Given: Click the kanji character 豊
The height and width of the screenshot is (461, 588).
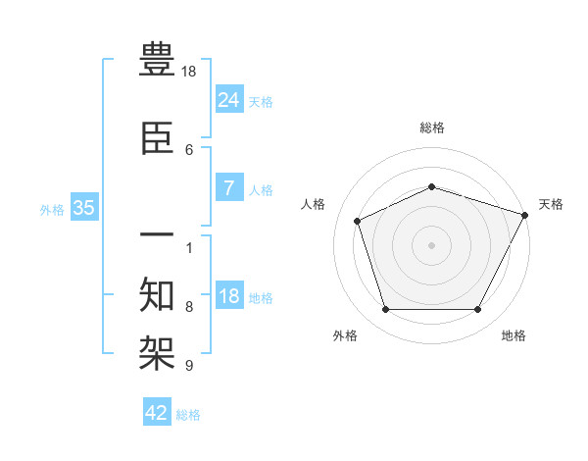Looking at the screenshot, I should point(158,62).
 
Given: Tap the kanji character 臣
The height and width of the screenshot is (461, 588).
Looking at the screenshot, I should point(158,140).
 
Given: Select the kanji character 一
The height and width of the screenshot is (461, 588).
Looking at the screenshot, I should point(158,235).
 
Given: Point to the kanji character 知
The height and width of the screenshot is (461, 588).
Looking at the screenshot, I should point(158,293).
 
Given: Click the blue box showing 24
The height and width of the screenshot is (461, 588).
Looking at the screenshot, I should point(229,99).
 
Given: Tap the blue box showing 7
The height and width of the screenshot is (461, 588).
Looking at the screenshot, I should point(229,188).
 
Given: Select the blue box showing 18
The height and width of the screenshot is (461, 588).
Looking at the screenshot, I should point(229,296).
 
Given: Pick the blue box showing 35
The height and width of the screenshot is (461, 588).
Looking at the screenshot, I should point(83,208).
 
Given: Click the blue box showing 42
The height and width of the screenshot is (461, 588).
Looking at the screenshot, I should point(157,413).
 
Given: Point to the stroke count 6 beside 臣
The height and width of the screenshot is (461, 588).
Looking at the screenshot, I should point(189,149).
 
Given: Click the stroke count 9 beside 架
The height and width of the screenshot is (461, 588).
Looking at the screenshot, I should point(189,366).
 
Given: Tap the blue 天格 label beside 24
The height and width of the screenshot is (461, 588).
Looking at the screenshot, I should point(261,101).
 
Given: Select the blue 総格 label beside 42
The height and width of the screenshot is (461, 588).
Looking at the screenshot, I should point(188,415).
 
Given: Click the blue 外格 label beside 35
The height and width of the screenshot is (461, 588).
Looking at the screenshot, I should point(52,209).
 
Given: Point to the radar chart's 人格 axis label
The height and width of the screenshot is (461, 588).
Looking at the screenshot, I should point(314,204).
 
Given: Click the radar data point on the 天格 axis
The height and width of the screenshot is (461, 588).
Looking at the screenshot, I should point(525,215).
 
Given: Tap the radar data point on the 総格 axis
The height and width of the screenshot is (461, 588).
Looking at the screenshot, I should point(432,185).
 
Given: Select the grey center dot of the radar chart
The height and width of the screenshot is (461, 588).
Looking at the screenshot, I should point(432,244).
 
